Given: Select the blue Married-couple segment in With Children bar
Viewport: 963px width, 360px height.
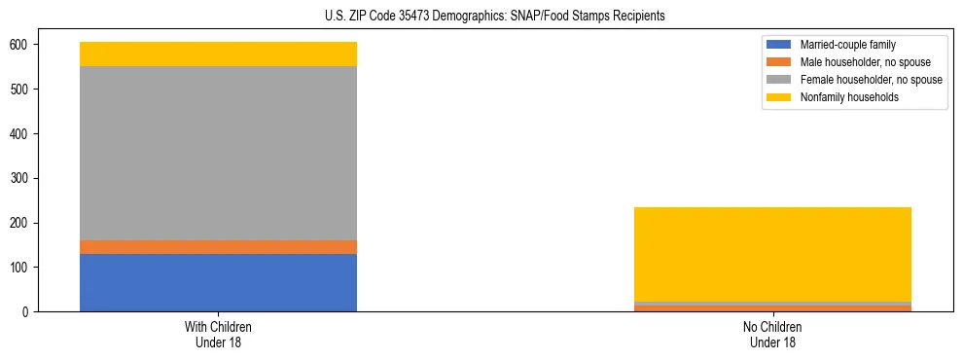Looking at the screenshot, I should (218, 282).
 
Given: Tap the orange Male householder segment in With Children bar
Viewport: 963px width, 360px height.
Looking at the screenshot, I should (218, 247).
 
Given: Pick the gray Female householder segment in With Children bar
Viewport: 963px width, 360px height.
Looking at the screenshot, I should (218, 153).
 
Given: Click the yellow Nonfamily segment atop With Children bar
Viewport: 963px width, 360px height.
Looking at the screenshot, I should (218, 54).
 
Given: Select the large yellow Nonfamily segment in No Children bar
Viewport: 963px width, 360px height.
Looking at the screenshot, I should (772, 254).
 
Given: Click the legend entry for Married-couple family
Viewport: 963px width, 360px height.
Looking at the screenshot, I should (847, 45).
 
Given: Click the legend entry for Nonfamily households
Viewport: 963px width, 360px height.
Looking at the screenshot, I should (849, 97).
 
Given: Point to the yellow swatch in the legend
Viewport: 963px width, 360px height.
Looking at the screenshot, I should (780, 97).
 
